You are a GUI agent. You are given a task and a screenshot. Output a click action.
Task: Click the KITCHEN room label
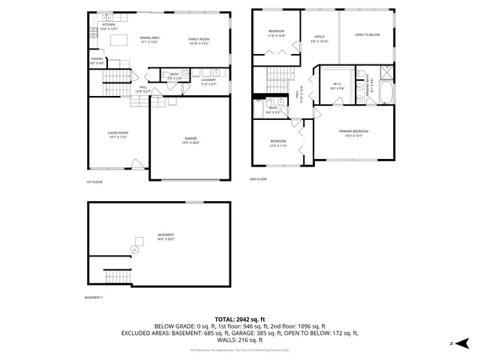click(x=109, y=24)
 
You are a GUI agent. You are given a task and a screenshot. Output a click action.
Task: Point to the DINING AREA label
click(x=149, y=37)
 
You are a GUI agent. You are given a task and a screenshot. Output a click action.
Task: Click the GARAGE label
click(x=192, y=139)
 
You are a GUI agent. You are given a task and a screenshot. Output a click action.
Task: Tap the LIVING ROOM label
click(x=118, y=133)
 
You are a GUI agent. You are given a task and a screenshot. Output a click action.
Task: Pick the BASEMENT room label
click(x=166, y=235)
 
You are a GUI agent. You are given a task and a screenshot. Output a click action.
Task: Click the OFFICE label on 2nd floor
click(x=319, y=37)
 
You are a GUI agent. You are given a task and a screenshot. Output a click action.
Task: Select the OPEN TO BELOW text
click(x=367, y=34)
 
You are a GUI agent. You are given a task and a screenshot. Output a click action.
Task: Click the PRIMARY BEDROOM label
click(x=353, y=130)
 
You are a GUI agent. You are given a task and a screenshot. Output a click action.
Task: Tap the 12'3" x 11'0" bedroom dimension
click(x=278, y=145)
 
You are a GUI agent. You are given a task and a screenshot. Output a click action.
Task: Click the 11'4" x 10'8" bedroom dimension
click(x=276, y=35)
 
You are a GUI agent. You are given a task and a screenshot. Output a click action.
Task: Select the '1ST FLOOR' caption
click(x=93, y=182)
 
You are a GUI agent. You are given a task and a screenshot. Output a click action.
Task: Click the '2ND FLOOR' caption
click(x=258, y=179)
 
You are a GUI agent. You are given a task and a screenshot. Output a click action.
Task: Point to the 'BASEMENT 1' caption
click(x=94, y=298)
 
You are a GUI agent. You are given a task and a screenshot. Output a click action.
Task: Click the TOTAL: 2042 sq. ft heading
click(x=239, y=319)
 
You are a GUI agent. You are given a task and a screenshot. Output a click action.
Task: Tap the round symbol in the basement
click(x=136, y=249)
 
